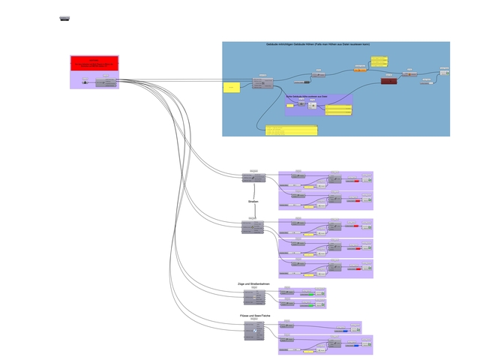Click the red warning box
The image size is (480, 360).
(x=94, y=63)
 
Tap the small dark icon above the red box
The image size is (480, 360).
(x=65, y=18)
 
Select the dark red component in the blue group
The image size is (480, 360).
(x=388, y=80)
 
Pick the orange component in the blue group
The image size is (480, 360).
(x=360, y=70)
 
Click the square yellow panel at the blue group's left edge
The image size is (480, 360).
(x=232, y=88)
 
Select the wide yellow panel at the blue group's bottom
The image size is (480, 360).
(x=291, y=130)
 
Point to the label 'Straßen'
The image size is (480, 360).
(x=253, y=202)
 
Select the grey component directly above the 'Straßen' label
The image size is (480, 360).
(x=253, y=178)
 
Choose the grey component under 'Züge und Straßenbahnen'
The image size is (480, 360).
(x=253, y=296)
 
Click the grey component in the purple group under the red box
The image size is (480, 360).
(x=106, y=82)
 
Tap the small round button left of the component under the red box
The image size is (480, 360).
(x=84, y=82)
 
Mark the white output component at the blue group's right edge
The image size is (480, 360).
(x=445, y=73)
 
